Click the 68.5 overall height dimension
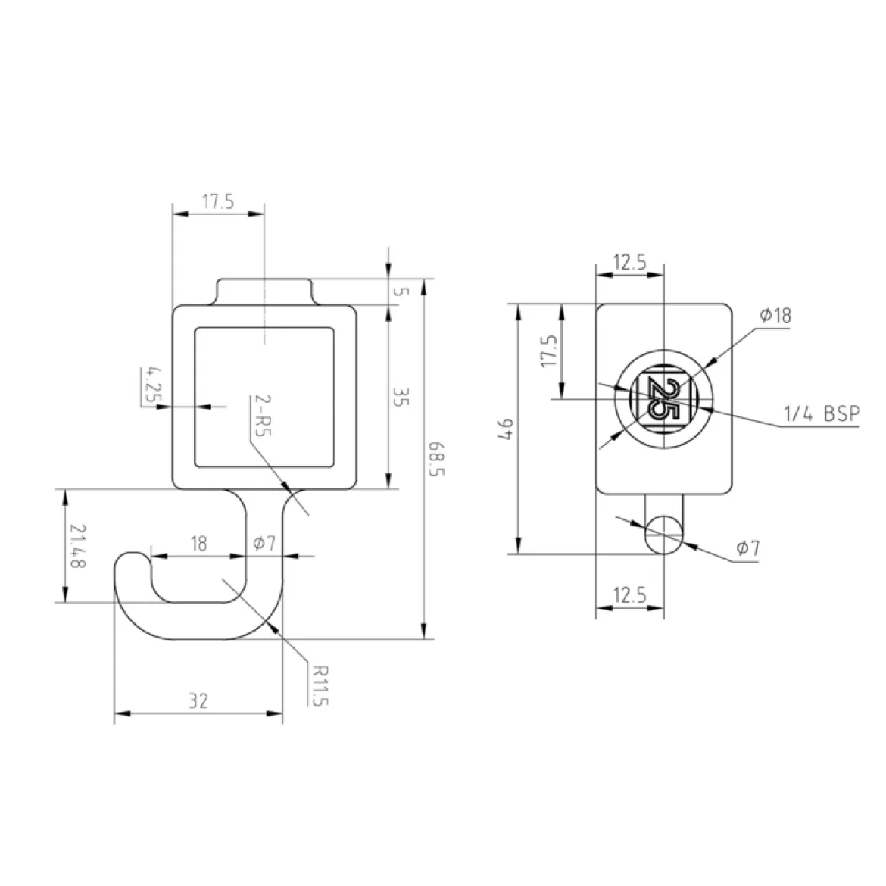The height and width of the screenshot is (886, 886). (436, 458)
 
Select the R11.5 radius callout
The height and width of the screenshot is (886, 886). (320, 685)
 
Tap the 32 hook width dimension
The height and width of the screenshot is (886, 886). (198, 701)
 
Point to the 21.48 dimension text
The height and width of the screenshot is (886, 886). (77, 547)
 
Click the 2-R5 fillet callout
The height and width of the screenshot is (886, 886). (264, 415)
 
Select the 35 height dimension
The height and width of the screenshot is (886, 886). (400, 398)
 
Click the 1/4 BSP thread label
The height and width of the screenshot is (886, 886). (822, 414)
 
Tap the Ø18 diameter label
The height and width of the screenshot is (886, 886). (775, 315)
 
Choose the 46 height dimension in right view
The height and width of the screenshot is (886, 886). (507, 429)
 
